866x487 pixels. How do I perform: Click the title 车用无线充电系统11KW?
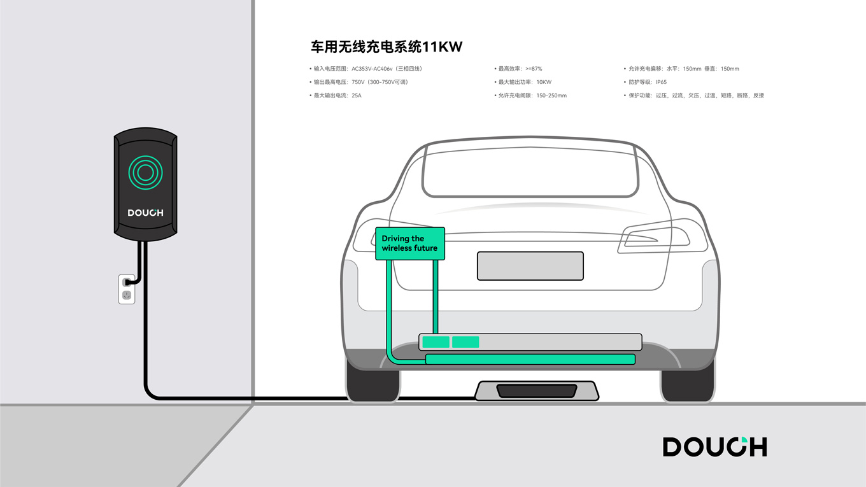pyautogui.click(x=386, y=47)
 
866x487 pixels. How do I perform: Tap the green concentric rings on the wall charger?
pyautogui.click(x=145, y=172)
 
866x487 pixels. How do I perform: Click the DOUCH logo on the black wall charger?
pyautogui.click(x=145, y=213)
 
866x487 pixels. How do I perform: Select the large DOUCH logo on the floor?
pyautogui.click(x=714, y=447)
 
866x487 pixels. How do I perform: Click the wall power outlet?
pyautogui.click(x=127, y=288)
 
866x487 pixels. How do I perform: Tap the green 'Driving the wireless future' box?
pyautogui.click(x=410, y=243)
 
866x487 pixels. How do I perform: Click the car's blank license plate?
pyautogui.click(x=530, y=265)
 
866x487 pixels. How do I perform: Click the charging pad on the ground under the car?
pyautogui.click(x=536, y=390)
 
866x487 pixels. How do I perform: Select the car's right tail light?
pyautogui.click(x=656, y=236)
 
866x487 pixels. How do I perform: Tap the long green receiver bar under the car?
pyautogui.click(x=530, y=360)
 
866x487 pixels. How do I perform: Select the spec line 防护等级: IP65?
pyautogui.click(x=647, y=82)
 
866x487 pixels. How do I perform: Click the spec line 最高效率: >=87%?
pyautogui.click(x=520, y=69)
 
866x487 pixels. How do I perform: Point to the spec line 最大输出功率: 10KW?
pyautogui.click(x=525, y=82)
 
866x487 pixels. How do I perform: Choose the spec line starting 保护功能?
pyautogui.click(x=696, y=95)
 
